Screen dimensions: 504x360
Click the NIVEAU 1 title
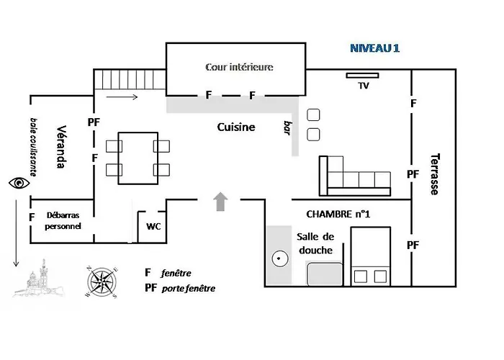(x=374, y=48)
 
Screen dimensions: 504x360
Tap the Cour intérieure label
(x=239, y=67)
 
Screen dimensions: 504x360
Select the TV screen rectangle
(x=362, y=76)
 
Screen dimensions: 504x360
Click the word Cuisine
(x=236, y=127)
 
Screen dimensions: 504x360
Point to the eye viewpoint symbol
(x=19, y=183)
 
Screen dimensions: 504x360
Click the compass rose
(x=102, y=282)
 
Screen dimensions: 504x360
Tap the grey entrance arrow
(x=220, y=202)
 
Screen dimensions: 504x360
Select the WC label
(x=153, y=226)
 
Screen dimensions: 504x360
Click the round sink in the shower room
(x=279, y=258)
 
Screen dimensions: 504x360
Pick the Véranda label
(x=61, y=147)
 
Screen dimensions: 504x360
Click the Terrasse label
(x=435, y=174)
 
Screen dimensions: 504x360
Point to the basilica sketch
(x=39, y=279)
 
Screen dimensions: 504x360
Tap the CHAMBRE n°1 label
(x=338, y=214)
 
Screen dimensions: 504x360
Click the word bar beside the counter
(x=288, y=128)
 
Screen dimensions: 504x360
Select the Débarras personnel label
(x=63, y=220)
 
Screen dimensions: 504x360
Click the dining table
(x=138, y=158)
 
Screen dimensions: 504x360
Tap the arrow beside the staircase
(x=122, y=96)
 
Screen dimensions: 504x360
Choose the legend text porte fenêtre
(x=189, y=288)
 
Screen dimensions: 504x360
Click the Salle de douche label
(x=315, y=243)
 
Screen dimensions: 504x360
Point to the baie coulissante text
(x=33, y=147)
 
